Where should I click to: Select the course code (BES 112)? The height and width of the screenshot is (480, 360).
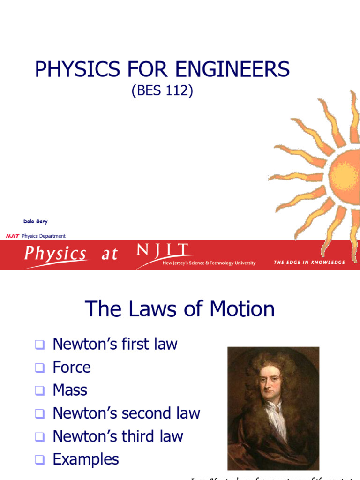point(162,90)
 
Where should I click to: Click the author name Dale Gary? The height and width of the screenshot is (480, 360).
point(35,221)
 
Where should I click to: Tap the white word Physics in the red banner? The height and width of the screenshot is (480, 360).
point(55,254)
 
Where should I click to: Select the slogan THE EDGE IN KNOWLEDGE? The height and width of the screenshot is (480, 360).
point(309,262)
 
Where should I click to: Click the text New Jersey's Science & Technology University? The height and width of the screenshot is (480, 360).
point(209,263)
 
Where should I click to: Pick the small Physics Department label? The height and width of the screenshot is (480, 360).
point(44,236)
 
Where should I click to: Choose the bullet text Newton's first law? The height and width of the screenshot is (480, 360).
point(115,344)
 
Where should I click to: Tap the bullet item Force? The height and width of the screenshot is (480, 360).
point(72,367)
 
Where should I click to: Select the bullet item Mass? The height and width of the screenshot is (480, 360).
point(70,390)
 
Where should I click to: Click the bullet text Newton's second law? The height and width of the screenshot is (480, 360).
point(126,413)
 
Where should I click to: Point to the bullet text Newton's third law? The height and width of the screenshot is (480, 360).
point(118,436)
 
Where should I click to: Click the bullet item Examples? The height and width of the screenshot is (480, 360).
point(86,459)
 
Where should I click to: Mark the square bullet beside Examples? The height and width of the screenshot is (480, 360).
point(39,460)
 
